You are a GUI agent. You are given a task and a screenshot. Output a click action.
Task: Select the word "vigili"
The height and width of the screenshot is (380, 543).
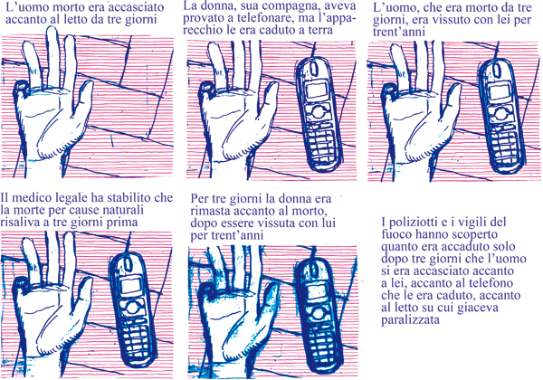click(474, 222)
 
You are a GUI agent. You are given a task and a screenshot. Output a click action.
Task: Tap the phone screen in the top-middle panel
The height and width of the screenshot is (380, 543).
click(317, 90)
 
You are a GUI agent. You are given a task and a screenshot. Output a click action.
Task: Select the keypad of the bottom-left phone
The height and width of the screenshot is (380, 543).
click(137, 336)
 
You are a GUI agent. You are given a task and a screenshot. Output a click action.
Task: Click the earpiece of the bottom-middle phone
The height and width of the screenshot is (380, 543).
click(313, 269)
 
